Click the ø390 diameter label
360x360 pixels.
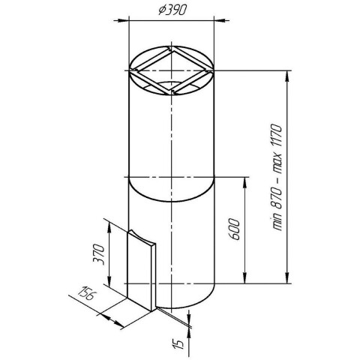coord(172,10)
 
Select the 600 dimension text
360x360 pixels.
coord(234,229)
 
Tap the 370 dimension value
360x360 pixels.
coord(98,254)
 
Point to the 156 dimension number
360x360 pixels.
coord(85,294)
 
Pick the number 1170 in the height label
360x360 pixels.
coord(277,136)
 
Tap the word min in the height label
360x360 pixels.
coord(277,222)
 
